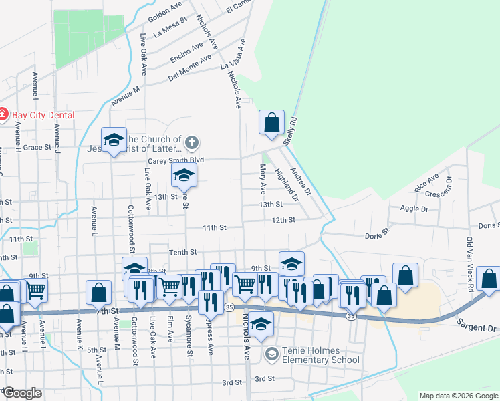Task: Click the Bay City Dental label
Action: [x=41, y=115]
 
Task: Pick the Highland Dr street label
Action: [x=287, y=185]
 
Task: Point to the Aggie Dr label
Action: [x=415, y=209]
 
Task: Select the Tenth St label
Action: [x=183, y=252]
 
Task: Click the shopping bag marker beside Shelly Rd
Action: [x=271, y=122]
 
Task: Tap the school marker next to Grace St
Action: [x=114, y=140]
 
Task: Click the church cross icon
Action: [x=192, y=142]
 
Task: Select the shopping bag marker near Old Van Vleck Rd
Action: [x=489, y=279]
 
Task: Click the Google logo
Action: [x=21, y=393]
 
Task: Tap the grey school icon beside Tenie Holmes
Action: [x=271, y=354]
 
